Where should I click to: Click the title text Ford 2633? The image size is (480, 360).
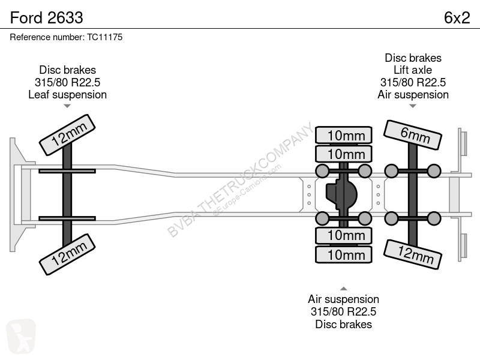47,18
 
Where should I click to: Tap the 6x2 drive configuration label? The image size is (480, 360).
457,18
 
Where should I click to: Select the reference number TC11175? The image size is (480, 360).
104,37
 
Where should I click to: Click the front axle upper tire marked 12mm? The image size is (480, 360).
67,135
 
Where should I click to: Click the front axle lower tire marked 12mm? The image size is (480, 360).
67,254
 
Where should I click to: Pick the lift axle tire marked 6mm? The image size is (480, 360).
413,135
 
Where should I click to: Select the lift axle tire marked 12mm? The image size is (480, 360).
413,254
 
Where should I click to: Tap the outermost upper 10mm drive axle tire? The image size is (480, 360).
344,135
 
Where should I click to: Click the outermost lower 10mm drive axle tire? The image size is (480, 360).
344,254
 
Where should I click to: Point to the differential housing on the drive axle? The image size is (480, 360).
341,194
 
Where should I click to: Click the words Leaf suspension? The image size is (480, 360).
67,95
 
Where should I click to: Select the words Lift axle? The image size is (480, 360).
413,70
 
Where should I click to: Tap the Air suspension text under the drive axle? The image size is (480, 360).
343,299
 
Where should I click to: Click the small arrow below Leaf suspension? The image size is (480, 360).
67,106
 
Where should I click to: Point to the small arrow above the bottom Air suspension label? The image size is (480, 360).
343,289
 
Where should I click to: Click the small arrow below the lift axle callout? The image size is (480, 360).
413,106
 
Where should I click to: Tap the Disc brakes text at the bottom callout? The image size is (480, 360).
343,324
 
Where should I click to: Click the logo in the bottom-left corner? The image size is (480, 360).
21,336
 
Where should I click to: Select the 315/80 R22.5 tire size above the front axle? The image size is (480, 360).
67,82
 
